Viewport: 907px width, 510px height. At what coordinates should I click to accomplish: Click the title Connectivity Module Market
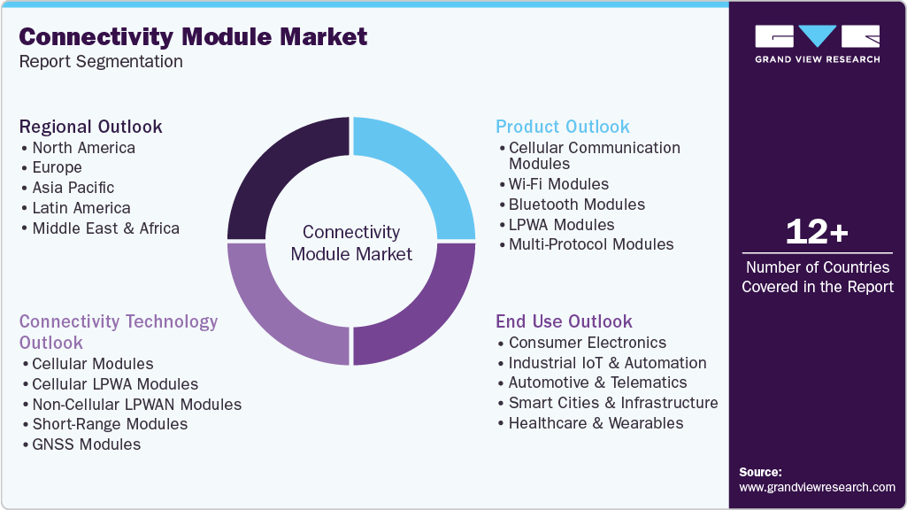tap(193, 36)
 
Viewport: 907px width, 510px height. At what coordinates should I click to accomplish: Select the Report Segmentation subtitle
tap(101, 61)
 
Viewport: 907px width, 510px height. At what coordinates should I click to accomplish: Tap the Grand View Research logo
tap(817, 43)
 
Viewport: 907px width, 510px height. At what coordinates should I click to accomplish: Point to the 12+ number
tap(817, 232)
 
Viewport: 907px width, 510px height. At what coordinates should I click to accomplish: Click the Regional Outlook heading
tap(91, 127)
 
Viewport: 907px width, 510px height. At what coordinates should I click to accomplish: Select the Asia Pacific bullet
tap(73, 188)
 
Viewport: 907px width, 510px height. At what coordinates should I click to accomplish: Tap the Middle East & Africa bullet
tap(105, 228)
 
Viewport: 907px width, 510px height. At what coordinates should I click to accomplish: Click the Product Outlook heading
tap(563, 127)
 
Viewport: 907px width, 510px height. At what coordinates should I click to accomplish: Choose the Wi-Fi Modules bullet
tap(558, 184)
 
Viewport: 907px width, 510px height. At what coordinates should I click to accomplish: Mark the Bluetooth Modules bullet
tap(576, 205)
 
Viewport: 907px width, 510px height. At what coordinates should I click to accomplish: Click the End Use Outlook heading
tap(564, 321)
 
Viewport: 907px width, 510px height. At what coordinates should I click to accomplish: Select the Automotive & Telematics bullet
tap(597, 382)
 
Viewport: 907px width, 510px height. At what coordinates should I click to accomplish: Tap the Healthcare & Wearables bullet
tap(596, 423)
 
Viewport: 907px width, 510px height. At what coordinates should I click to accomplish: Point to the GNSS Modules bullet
tap(86, 444)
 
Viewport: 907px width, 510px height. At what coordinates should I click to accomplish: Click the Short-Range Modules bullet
tap(110, 424)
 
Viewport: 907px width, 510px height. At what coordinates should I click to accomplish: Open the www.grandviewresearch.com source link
tap(817, 487)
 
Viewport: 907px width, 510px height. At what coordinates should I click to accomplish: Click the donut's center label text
tap(351, 243)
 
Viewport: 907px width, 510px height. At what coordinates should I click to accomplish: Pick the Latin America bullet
tap(81, 208)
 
